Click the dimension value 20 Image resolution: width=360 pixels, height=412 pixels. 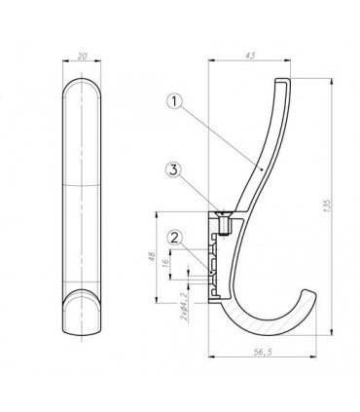[83, 56]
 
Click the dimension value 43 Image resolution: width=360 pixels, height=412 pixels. [250, 56]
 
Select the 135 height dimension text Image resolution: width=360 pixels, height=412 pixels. [327, 206]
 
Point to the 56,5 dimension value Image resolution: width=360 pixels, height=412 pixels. [263, 352]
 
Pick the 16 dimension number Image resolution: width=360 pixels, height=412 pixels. [164, 263]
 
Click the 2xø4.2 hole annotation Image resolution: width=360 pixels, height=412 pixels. [184, 306]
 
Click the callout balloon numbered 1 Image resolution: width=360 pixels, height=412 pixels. [174, 101]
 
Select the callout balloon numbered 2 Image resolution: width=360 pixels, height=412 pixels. [174, 239]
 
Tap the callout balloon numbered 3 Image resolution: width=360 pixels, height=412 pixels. [174, 170]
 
